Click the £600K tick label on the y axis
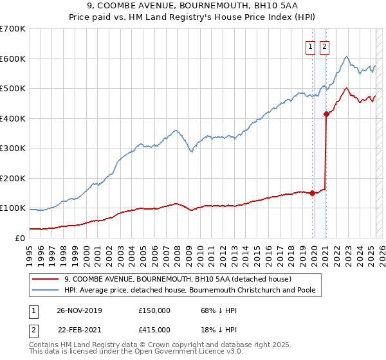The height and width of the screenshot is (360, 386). pos(13,59)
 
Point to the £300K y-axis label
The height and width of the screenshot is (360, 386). pos(13,148)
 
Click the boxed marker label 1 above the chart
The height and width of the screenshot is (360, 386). pos(310,46)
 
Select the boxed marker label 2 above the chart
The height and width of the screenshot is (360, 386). pos(324,46)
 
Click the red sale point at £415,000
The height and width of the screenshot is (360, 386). pos(326,114)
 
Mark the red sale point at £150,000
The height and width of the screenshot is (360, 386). pos(313,193)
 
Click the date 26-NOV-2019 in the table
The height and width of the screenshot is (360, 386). pos(79,310)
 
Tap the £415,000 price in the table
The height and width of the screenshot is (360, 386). pos(154,330)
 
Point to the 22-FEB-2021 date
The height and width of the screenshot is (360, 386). pos(79,330)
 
